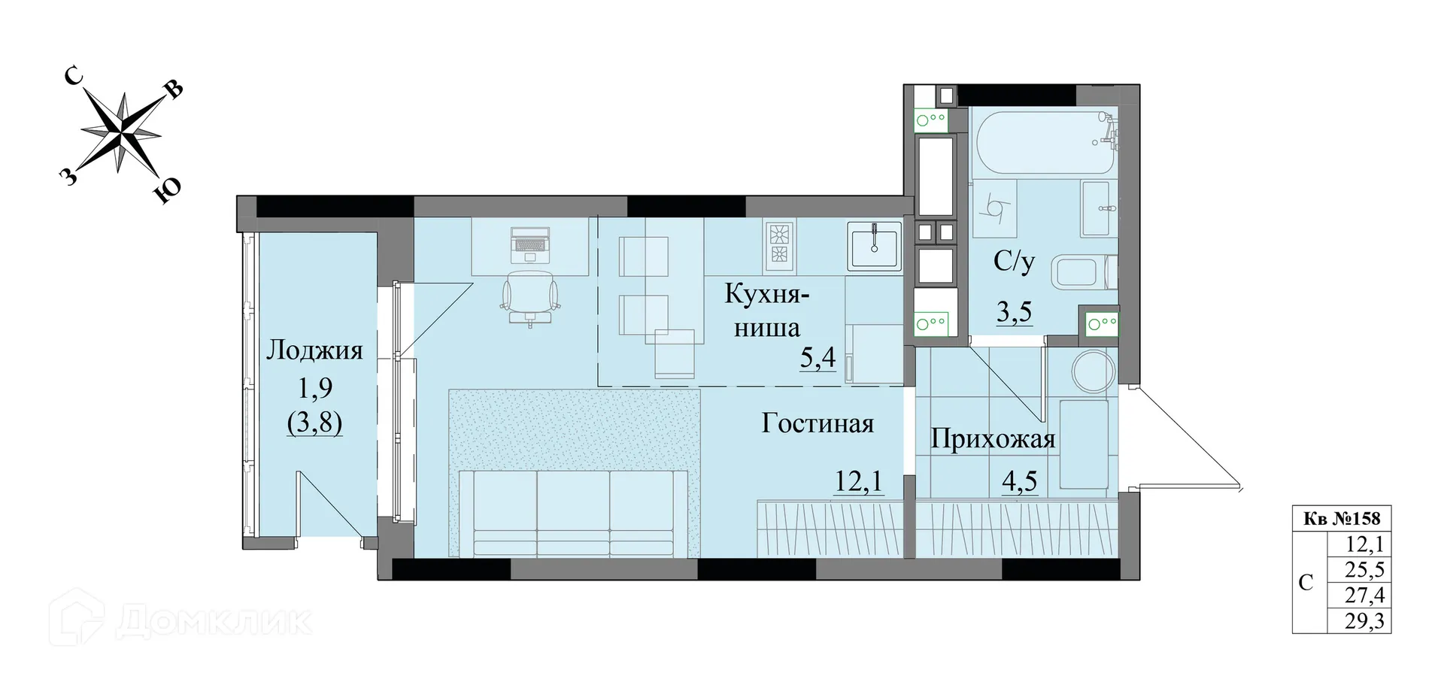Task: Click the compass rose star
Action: pyautogui.click(x=121, y=132)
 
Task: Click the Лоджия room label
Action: pyautogui.click(x=315, y=350)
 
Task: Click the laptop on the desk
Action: pyautogui.click(x=531, y=242)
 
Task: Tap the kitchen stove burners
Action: pyautogui.click(x=780, y=245)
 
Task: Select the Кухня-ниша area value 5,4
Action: pyautogui.click(x=818, y=359)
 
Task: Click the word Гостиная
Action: pyautogui.click(x=818, y=423)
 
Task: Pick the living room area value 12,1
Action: pyautogui.click(x=859, y=480)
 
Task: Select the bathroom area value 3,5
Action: pyautogui.click(x=1014, y=311)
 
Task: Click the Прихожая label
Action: pyautogui.click(x=993, y=439)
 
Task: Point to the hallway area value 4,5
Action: pyautogui.click(x=1021, y=480)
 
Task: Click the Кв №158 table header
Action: pyautogui.click(x=1342, y=518)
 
